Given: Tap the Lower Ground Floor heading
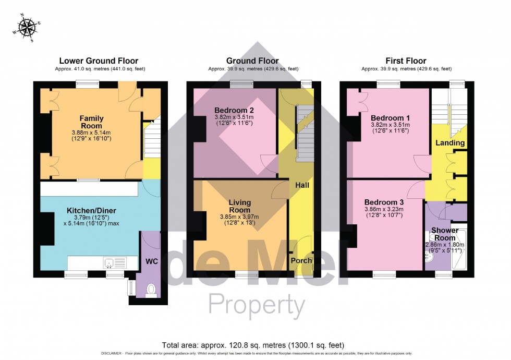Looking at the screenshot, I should pos(99,61).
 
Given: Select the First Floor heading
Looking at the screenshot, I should pos(406,61).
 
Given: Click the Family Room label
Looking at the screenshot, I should pos(91,122).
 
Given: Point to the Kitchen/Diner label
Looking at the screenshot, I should pos(91,211).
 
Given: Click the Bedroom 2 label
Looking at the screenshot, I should pos(234,110).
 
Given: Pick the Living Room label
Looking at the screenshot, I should pos(240,206).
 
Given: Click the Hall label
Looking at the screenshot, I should pos(302,185).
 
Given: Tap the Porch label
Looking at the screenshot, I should pos(301,260).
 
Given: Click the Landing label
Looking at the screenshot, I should pos(450,143).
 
